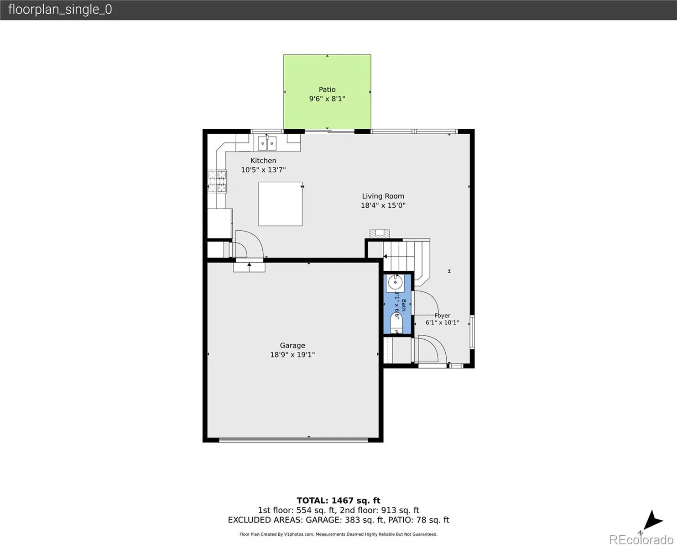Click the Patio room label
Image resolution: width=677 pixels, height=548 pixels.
click(327, 90)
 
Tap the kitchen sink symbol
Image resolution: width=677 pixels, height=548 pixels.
click(267, 143)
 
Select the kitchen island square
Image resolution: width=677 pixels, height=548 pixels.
click(281, 204)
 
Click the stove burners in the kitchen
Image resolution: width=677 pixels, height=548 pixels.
click(217, 181)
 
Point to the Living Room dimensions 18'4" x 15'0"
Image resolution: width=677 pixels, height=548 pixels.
click(383, 205)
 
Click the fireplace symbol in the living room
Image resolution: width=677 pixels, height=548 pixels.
click(380, 233)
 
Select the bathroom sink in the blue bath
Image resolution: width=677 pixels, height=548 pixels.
click(395, 283)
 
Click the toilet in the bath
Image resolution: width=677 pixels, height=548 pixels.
click(396, 322)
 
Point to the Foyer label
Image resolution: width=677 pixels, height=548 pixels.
click(443, 316)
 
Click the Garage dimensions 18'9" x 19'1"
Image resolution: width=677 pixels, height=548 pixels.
click(292, 355)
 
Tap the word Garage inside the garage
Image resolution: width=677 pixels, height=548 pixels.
click(292, 345)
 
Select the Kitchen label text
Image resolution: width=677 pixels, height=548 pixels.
click(263, 161)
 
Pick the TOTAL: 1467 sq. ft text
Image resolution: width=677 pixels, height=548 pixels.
click(338, 501)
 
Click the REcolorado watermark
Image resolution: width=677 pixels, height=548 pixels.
click(641, 539)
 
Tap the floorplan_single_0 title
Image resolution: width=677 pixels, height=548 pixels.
click(60, 10)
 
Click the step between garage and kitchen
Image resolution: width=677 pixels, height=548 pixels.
click(249, 267)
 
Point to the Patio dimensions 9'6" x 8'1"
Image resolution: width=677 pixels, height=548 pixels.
click(327, 99)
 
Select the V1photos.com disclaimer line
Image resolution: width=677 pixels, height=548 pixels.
click(338, 534)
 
